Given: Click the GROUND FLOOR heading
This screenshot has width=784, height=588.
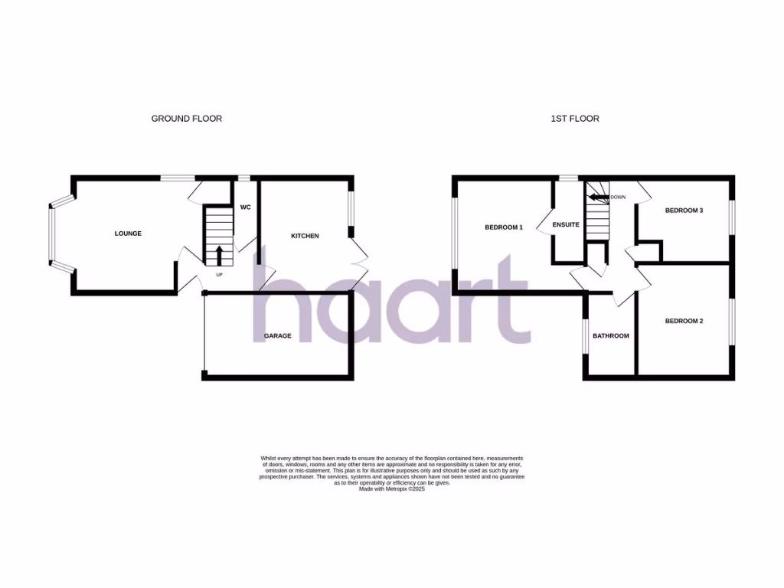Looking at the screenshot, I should (x=186, y=119).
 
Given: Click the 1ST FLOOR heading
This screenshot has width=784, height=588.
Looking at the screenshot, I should (x=574, y=119).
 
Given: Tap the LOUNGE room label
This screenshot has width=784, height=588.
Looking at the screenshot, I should (x=128, y=234).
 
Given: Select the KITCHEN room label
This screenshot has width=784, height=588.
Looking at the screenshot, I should (x=305, y=236).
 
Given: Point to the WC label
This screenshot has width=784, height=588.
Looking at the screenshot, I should (x=246, y=207).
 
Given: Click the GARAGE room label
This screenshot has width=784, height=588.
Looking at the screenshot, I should (x=277, y=335).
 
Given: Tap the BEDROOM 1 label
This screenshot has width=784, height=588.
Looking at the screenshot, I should (x=504, y=227).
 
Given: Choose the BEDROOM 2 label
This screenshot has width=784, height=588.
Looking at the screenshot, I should (x=684, y=321).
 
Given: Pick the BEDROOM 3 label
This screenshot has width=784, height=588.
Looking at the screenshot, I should (x=684, y=211).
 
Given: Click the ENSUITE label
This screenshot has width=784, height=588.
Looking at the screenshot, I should (x=567, y=224).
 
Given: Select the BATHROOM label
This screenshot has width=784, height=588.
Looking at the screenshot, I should (x=611, y=335).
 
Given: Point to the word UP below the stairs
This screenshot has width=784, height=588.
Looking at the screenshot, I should (x=219, y=274).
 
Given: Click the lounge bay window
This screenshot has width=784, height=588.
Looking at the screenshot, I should (x=53, y=234).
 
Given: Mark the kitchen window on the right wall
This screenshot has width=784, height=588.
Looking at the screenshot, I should (x=352, y=208).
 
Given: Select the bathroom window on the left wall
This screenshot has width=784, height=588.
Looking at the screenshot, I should (x=586, y=336).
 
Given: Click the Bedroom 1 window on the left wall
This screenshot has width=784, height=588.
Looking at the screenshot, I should (x=454, y=234).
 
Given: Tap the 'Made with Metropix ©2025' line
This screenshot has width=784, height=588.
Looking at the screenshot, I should (x=391, y=488).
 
